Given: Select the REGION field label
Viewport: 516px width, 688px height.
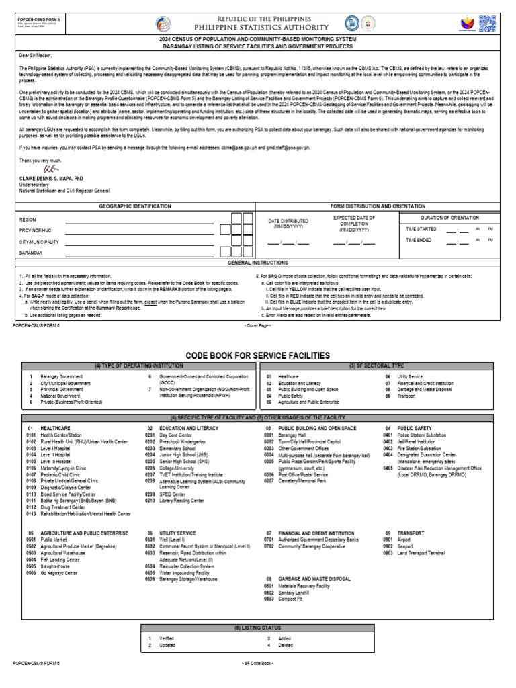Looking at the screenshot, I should click(x=28, y=220).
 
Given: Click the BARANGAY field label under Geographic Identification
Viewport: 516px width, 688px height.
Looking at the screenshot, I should click(x=31, y=253).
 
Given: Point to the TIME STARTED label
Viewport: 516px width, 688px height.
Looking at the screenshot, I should click(x=421, y=229).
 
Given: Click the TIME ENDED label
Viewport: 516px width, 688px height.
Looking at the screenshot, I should click(x=419, y=240).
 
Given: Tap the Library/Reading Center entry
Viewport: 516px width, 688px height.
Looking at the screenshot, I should click(x=181, y=500).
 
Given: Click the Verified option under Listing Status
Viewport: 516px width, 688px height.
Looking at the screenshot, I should click(x=166, y=638).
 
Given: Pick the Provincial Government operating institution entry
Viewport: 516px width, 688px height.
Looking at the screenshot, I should click(x=61, y=390).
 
